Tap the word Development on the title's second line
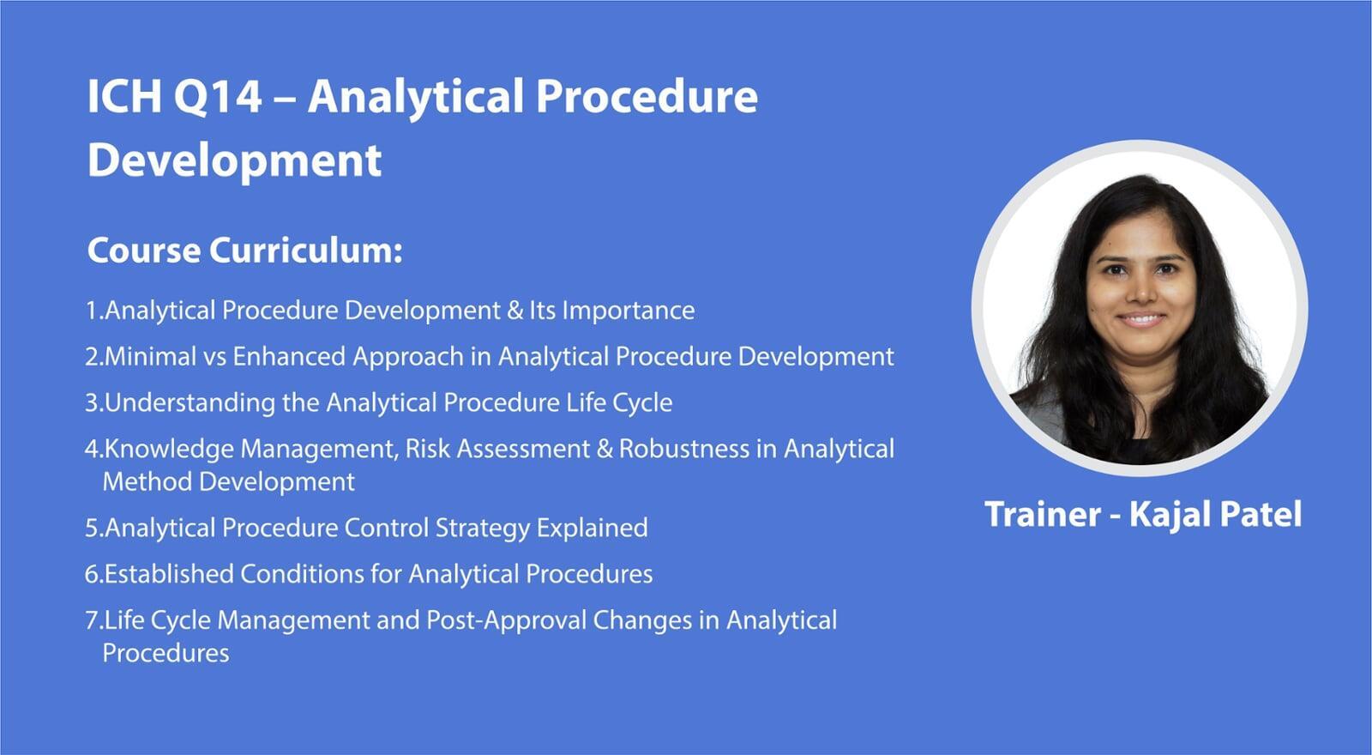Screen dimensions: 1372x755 tap(235, 160)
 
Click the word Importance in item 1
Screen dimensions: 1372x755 tap(629, 311)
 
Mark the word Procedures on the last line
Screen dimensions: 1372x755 tap(166, 653)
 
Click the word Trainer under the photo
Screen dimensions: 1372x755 tap(1043, 514)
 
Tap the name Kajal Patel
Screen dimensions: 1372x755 tap(1215, 515)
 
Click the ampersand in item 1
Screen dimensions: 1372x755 tap(515, 311)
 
